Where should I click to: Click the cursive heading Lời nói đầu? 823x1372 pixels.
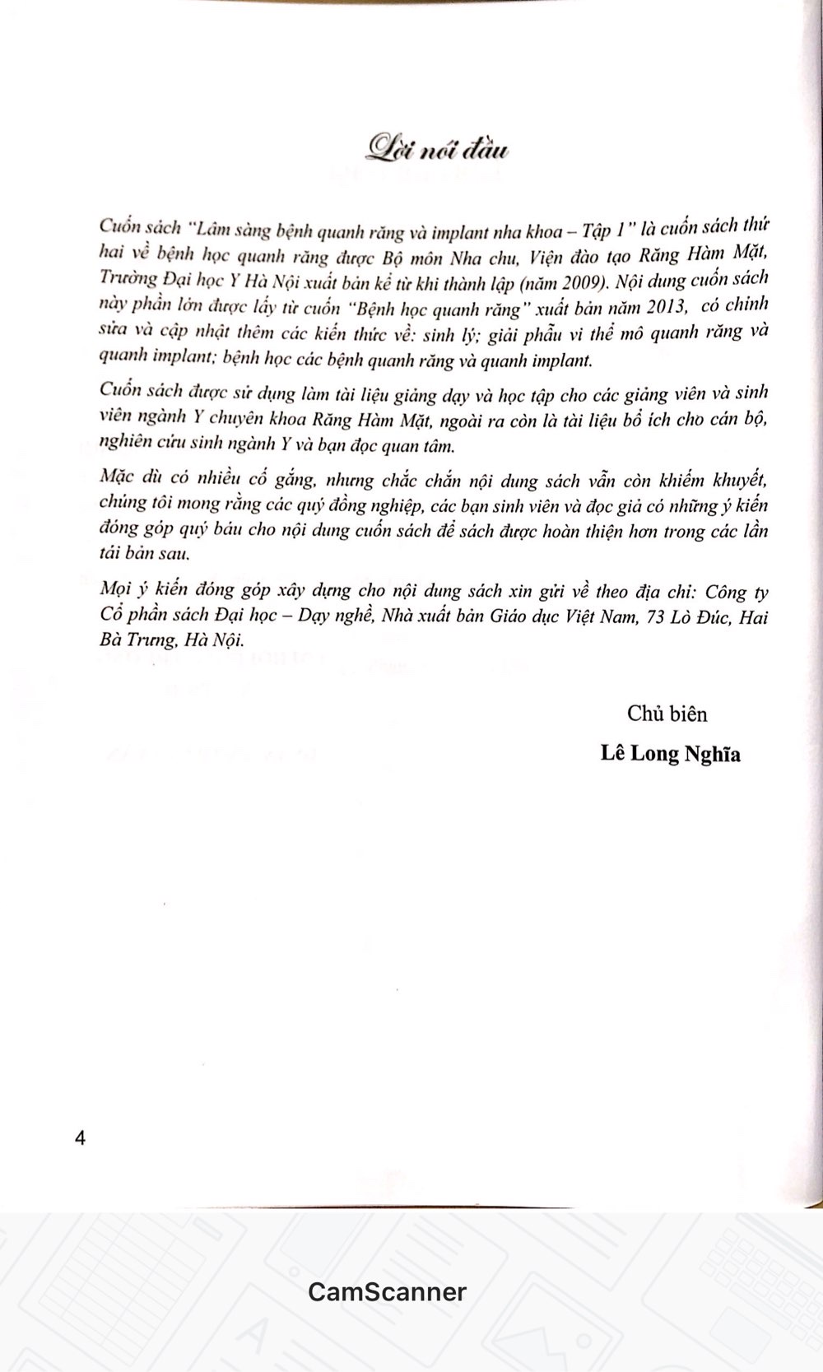438,150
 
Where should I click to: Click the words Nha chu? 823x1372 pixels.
473,256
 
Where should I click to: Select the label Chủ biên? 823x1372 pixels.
667,714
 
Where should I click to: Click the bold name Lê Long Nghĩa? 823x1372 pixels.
670,753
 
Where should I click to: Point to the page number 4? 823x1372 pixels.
80,1138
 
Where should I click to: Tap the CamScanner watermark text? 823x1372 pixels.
387,1291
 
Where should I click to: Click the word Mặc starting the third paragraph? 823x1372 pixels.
116,478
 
